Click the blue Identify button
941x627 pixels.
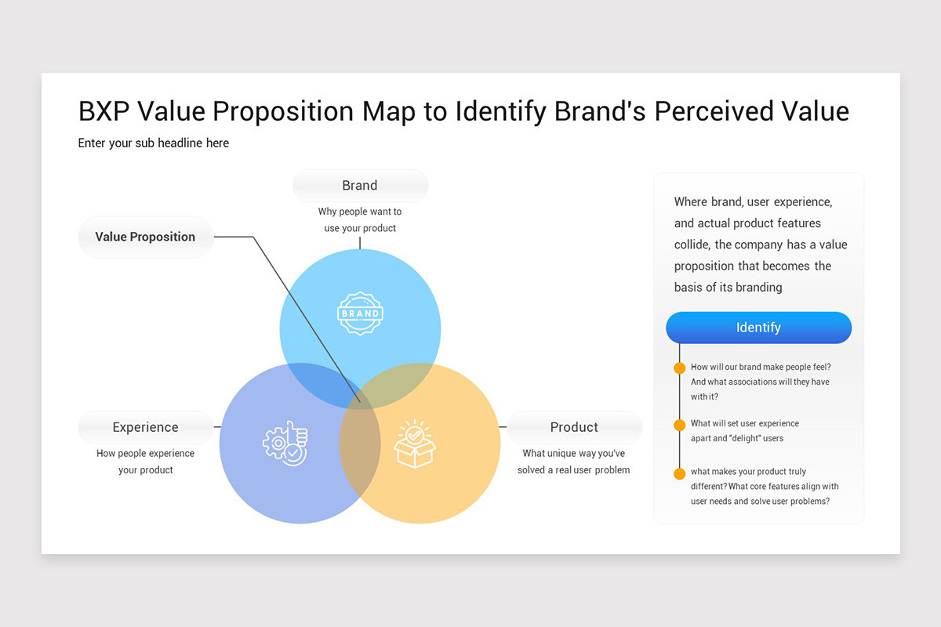(759, 328)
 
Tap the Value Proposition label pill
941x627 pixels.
(145, 237)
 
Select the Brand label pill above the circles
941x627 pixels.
(360, 186)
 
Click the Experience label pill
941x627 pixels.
(145, 427)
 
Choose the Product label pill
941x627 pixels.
(574, 427)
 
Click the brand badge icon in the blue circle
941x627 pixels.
(360, 313)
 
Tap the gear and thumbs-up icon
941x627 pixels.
(285, 444)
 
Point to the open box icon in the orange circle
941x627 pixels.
(415, 444)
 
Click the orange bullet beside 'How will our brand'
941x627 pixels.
(679, 368)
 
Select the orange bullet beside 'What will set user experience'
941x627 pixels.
(679, 425)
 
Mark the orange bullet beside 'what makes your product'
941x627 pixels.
(679, 473)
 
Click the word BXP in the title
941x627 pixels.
(104, 111)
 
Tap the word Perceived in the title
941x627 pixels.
(714, 111)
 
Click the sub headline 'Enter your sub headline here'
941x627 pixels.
(154, 143)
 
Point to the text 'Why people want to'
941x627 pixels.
(360, 212)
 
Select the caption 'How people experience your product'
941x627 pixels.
(145, 462)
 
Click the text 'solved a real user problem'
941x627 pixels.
(573, 470)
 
